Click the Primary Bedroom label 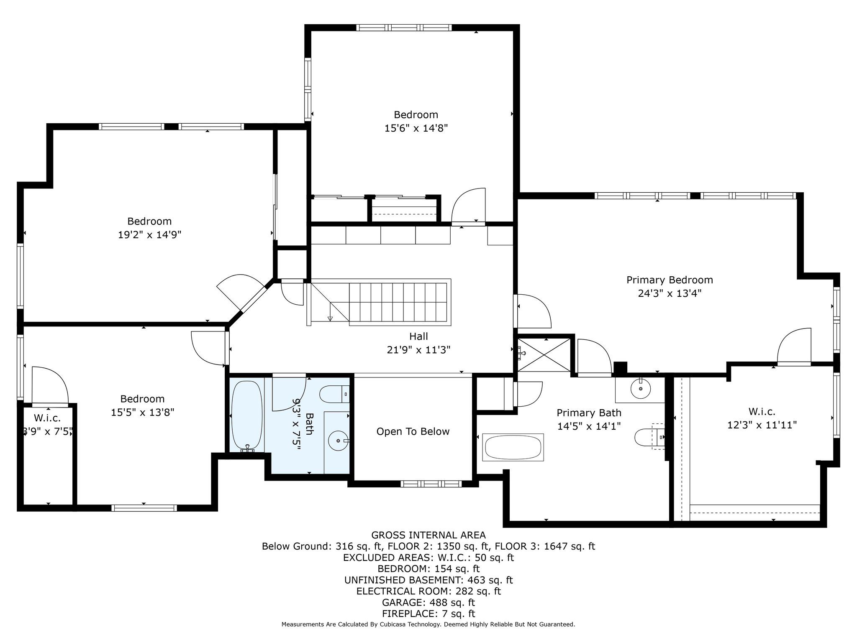point(670,280)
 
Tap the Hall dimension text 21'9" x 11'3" point(418,350)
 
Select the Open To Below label point(413,432)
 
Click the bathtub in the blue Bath point(247,415)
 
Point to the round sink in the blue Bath point(338,441)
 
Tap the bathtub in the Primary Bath point(513,447)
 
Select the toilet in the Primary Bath point(649,437)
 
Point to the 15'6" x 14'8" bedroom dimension point(416,128)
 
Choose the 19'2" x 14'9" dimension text point(149,235)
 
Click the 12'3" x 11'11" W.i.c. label point(762,425)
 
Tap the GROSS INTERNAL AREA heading point(428,535)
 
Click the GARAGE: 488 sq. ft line point(428,603)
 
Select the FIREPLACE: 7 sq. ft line point(428,614)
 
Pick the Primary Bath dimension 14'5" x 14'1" point(589,426)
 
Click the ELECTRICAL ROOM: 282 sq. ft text point(428,591)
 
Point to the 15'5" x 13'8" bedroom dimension point(142,413)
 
